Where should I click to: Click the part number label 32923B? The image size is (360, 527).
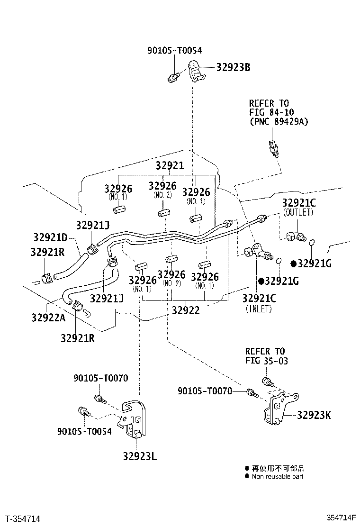point(233,67)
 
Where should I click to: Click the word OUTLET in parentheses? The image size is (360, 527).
point(298,213)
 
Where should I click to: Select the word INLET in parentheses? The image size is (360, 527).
point(258,309)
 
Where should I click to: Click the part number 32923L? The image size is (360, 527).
point(140,456)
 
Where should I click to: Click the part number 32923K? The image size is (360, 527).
point(314,416)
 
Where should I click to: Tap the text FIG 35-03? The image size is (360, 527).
point(266,361)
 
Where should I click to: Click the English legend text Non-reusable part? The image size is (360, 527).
point(277,476)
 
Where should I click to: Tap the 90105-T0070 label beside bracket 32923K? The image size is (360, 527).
point(205,391)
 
